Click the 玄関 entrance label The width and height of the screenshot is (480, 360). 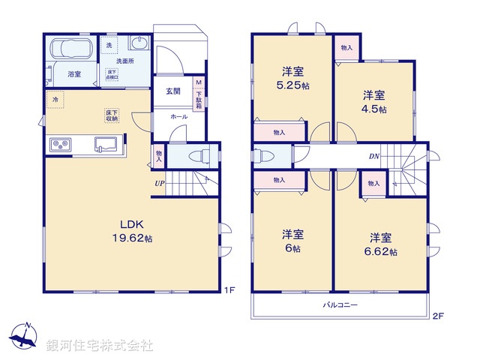coord(172,91)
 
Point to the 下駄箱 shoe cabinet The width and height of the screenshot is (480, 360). coord(199,94)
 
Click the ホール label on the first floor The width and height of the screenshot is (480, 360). coord(178,117)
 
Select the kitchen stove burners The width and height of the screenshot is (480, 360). coord(60,144)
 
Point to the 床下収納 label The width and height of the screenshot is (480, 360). coord(112,116)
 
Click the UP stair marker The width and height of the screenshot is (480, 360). coord(160,183)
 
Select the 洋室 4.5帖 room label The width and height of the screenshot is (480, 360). coord(374,102)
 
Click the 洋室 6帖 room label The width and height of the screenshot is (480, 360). coord(292,240)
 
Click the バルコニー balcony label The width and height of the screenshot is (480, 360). coord(340,305)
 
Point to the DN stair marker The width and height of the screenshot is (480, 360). coord(373,157)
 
